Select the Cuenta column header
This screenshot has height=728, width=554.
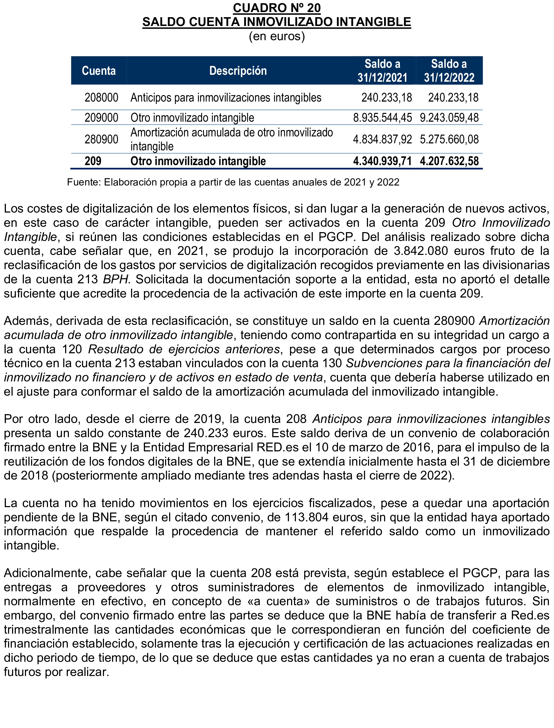click(99, 70)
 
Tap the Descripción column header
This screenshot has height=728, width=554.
click(238, 70)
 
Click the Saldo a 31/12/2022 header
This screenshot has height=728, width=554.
click(449, 70)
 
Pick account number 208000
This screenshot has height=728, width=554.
click(101, 98)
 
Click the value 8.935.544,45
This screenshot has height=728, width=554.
click(382, 118)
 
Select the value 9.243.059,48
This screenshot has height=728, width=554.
click(449, 118)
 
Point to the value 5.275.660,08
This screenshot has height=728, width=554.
click(449, 139)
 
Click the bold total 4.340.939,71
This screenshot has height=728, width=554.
click(382, 161)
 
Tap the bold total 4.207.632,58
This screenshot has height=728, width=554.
click(449, 161)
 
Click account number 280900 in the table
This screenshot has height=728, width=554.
click(101, 139)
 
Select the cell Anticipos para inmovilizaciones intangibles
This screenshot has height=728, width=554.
click(226, 98)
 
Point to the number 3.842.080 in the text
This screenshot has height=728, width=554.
click(421, 251)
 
